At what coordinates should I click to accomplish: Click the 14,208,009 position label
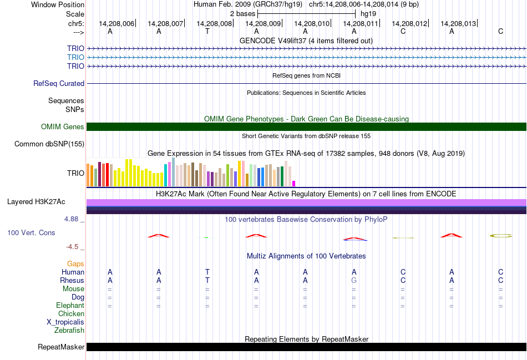click(263, 24)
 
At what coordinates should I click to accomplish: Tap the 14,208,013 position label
click(458, 24)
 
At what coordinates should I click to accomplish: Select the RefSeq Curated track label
click(59, 84)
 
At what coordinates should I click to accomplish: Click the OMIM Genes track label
click(63, 127)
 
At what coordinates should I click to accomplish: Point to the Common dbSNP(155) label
click(49, 144)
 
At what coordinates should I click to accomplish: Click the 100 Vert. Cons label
click(31, 233)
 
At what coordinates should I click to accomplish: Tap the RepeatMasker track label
click(61, 347)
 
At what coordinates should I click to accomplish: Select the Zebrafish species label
click(69, 331)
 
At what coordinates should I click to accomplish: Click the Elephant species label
click(70, 306)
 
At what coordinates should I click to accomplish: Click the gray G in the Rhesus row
click(354, 280)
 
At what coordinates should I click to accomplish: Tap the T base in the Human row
click(207, 272)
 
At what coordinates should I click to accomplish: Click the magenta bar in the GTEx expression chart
click(294, 183)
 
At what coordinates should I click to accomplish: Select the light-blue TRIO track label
click(75, 57)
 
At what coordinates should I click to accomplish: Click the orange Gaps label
click(75, 264)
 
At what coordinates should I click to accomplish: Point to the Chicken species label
click(71, 314)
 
